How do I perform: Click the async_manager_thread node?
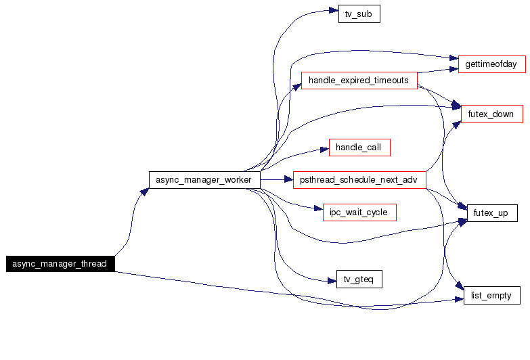click(60, 264)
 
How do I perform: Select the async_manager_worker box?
click(204, 180)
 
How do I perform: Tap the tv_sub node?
click(359, 14)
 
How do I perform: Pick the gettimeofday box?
click(491, 65)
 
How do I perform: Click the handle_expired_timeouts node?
click(359, 81)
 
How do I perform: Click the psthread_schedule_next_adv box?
click(359, 180)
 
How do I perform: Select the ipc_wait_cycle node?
click(359, 212)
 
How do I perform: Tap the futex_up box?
click(491, 213)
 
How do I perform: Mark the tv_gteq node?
click(359, 279)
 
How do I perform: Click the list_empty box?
click(491, 296)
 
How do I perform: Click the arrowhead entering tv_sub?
click(333, 12)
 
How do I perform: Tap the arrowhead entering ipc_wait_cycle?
click(317, 210)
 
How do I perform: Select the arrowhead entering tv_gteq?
click(331, 279)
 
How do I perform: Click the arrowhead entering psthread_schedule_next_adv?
click(288, 180)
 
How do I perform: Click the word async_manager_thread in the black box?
click(60, 264)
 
